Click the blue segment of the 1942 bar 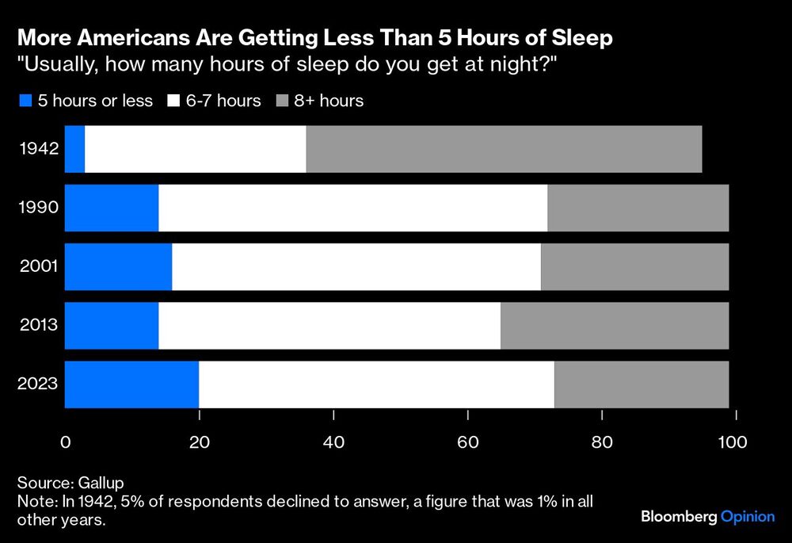(x=74, y=149)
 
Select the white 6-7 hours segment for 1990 (x=352, y=208)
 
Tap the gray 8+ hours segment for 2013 (x=614, y=325)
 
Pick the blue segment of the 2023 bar (x=131, y=384)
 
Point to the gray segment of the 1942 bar (x=504, y=149)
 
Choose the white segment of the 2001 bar (x=356, y=266)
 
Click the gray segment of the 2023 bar (x=641, y=384)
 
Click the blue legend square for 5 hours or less (x=24, y=101)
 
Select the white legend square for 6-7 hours (x=173, y=101)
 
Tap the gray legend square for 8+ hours (x=282, y=101)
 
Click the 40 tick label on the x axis (x=333, y=442)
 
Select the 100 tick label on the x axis (x=732, y=442)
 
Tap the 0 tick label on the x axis (x=66, y=442)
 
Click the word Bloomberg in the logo (x=678, y=517)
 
